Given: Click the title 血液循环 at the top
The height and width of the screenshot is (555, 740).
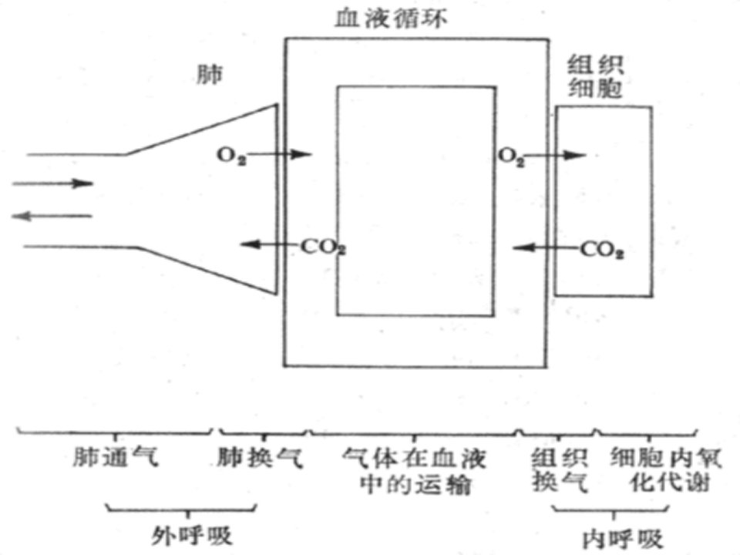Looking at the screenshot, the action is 391,19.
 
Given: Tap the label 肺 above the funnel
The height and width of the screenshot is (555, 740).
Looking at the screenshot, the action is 210,74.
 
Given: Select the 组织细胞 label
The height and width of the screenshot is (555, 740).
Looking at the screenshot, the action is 595,76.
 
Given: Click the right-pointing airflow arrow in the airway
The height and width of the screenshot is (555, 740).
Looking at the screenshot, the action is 53,183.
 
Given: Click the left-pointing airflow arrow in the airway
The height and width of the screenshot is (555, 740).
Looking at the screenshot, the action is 52,216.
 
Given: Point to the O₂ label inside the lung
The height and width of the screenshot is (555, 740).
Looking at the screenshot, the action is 231,156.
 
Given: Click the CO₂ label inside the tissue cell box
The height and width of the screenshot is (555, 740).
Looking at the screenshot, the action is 602,250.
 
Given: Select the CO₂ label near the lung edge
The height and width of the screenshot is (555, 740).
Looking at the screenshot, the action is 324,247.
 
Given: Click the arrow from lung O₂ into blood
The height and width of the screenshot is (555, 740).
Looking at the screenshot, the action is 278,154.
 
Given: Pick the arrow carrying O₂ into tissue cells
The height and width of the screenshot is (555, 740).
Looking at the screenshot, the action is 555,155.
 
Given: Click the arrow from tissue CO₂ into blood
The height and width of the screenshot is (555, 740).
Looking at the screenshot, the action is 547,247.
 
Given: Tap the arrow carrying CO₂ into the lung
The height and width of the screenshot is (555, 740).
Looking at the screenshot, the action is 271,244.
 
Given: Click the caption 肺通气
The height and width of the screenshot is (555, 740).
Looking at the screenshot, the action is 116,457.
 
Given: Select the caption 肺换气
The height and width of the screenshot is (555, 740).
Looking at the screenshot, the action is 260,457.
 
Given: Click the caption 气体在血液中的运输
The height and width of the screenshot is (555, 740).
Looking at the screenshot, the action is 415,471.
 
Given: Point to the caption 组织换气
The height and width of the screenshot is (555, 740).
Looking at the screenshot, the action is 560,470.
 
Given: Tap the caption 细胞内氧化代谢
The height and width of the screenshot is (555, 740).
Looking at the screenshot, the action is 666,470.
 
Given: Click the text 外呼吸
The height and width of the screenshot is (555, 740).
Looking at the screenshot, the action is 192,535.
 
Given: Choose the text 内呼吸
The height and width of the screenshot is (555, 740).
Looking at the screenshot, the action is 623,539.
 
